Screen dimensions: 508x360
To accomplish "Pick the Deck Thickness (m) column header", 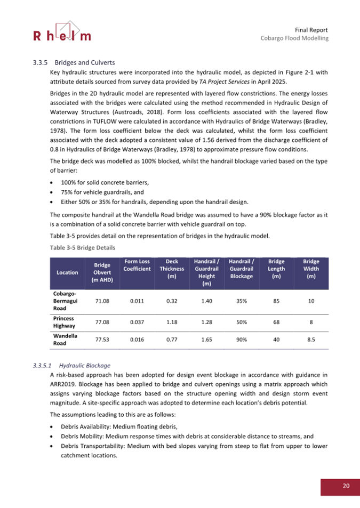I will coord(172,269).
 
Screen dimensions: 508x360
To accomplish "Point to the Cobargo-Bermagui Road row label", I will coord(65,302).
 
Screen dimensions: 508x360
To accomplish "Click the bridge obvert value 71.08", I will coord(102,301).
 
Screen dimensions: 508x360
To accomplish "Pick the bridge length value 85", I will coord(276,301).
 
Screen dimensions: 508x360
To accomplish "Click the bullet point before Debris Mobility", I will coord(51,437).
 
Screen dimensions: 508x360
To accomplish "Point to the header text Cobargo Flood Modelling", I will coord(294,38).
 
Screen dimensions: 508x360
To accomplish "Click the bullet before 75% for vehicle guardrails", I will coord(51,192).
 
